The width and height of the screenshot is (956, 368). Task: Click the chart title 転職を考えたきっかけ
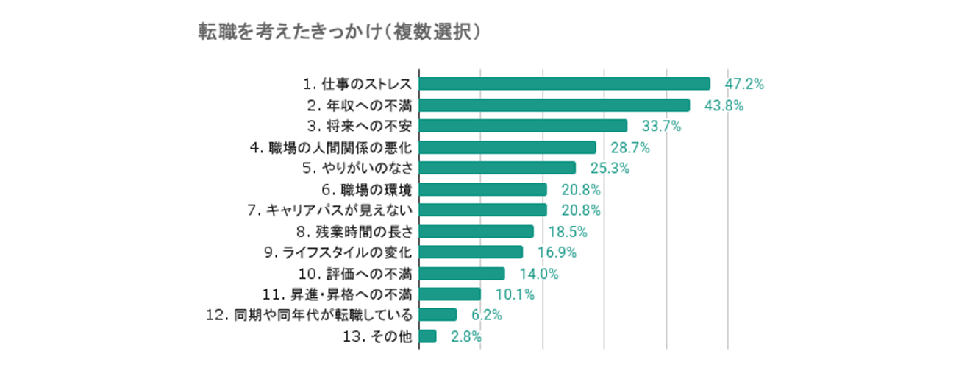pos(340,32)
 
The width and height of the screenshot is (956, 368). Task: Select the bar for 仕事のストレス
pos(564,84)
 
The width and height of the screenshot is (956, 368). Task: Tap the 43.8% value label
pos(724,105)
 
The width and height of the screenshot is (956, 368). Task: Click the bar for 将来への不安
pos(523,126)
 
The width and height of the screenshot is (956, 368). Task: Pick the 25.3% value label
pos(610,169)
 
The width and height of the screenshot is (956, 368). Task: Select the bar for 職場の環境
pos(482,189)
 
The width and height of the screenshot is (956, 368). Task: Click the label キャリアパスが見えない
pos(329,210)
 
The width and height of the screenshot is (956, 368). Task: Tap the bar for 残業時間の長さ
pos(476,232)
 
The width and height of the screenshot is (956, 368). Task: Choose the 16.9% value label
pos(557,253)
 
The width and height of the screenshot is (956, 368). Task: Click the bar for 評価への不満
pos(462,274)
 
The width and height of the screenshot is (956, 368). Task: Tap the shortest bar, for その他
pos(427,336)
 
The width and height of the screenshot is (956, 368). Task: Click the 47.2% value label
pos(745,84)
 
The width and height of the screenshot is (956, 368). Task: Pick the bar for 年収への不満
pos(554,105)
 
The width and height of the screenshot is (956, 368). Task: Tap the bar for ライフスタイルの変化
pos(471,252)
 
